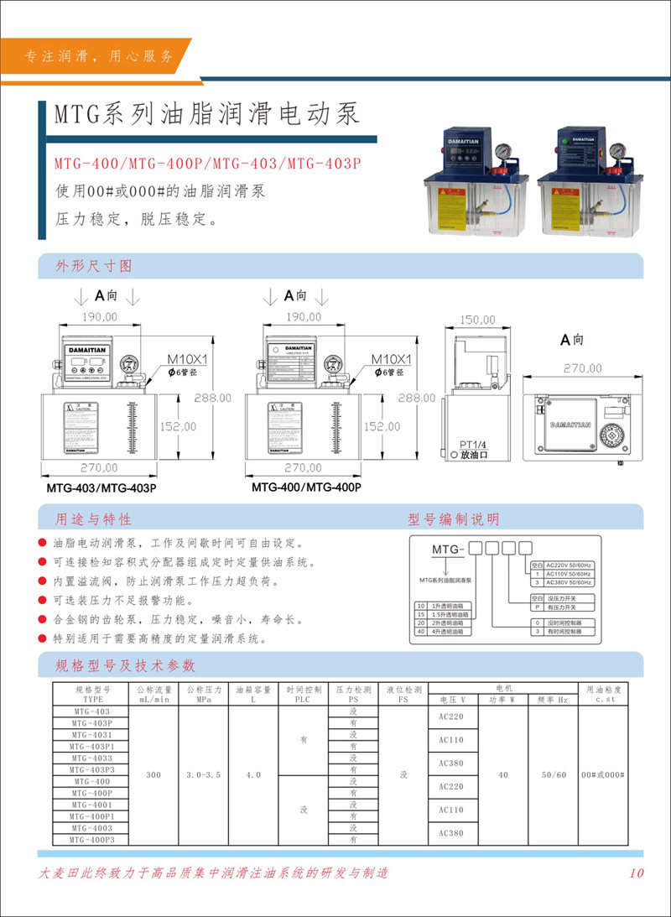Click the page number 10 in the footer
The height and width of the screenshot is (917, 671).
point(637,873)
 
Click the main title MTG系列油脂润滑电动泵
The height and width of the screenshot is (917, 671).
point(207,112)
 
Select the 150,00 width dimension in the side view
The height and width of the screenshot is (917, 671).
point(478,320)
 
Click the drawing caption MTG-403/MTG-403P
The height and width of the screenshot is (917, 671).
point(101,487)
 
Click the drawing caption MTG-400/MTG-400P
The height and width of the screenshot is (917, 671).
point(306,487)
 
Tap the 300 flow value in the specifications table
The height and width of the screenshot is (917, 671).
point(153,775)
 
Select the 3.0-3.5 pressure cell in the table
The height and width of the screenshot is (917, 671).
point(203,775)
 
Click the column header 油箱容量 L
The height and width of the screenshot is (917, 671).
point(253,693)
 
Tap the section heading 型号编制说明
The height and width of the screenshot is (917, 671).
point(453,518)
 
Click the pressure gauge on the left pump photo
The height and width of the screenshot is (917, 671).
point(502,152)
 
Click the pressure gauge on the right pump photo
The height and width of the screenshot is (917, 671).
point(616,152)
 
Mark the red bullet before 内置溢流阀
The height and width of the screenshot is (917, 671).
point(43,581)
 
